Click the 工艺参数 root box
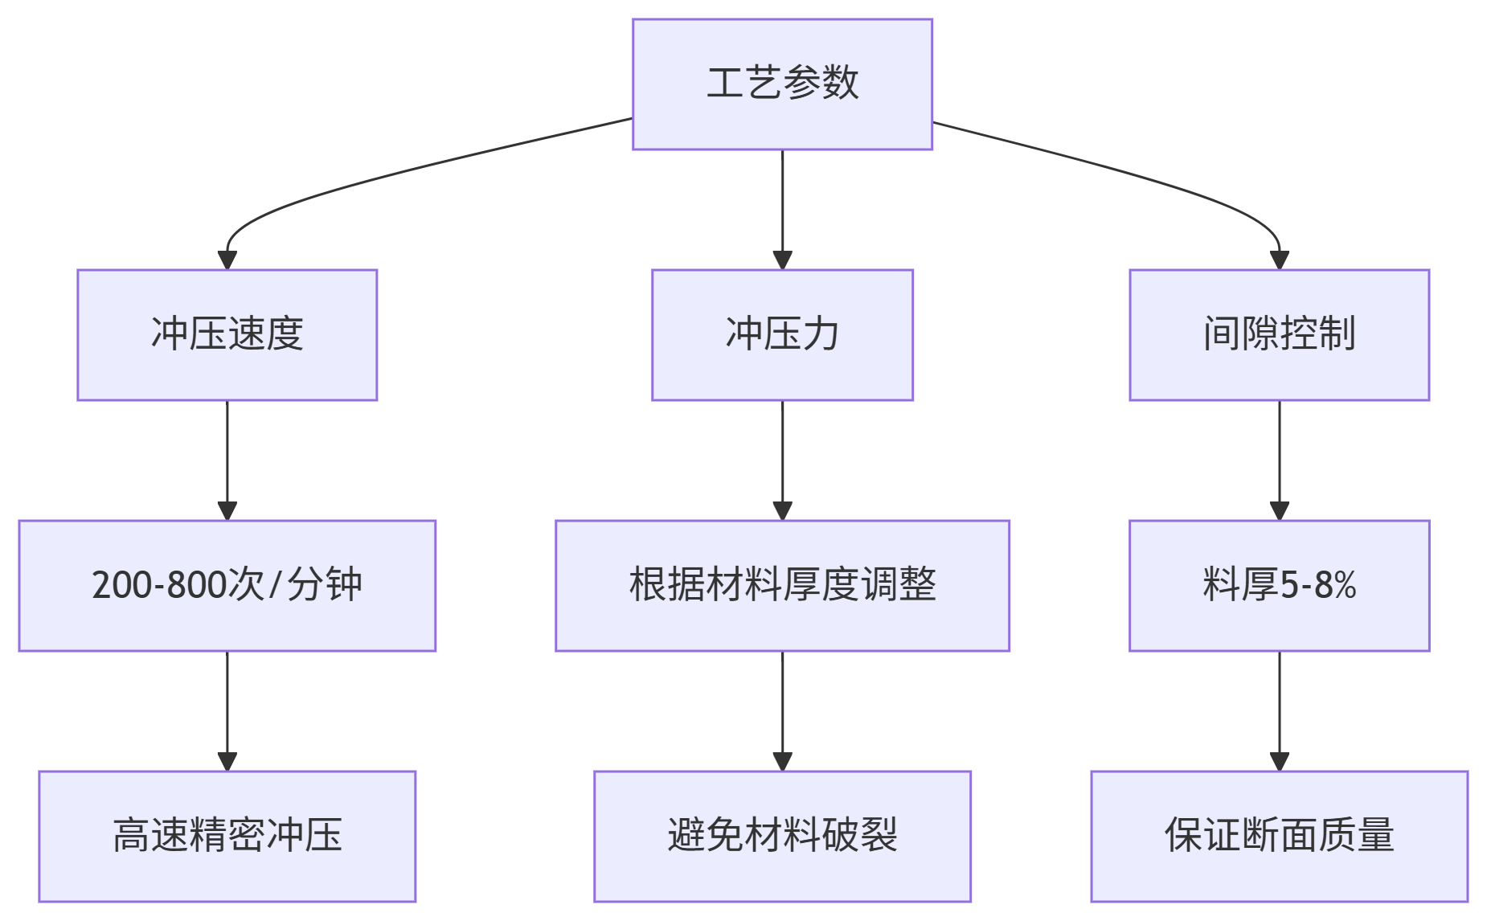point(782,84)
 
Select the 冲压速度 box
point(227,334)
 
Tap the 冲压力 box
point(782,334)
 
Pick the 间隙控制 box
point(1279,334)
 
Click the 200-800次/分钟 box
point(227,585)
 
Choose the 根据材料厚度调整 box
point(782,585)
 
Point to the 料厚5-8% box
point(1279,585)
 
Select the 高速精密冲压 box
point(227,836)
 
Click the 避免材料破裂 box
point(782,836)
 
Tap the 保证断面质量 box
point(1279,836)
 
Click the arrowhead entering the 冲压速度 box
point(227,260)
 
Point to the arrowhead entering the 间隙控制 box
point(1280,260)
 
